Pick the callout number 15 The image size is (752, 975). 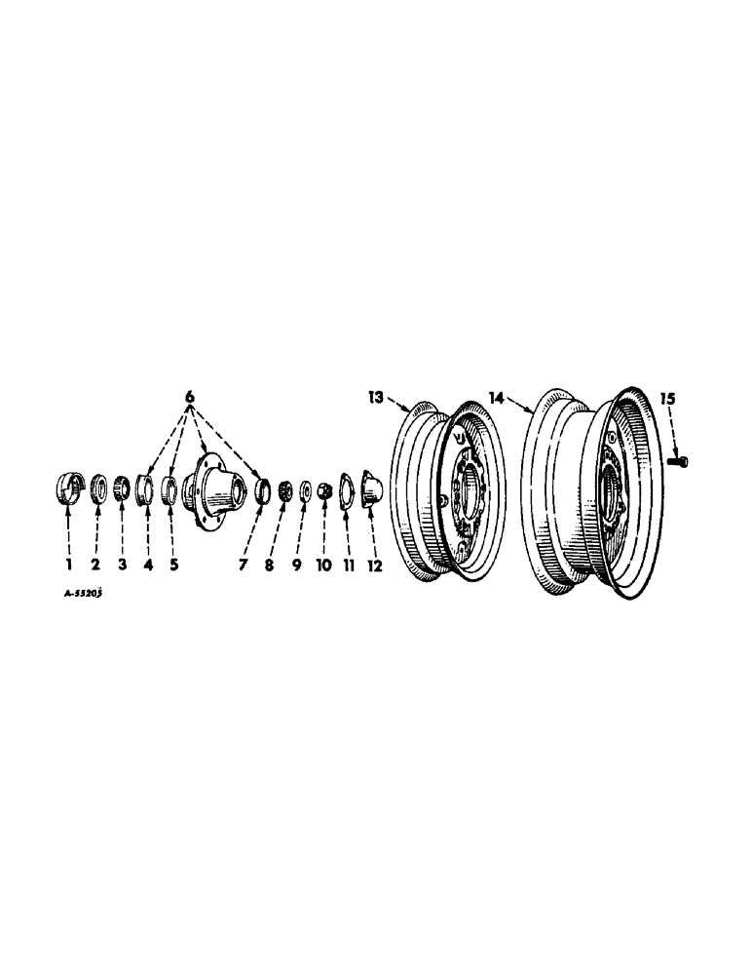(x=667, y=398)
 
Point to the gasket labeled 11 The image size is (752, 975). (x=346, y=487)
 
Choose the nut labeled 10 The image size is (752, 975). (x=325, y=488)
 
